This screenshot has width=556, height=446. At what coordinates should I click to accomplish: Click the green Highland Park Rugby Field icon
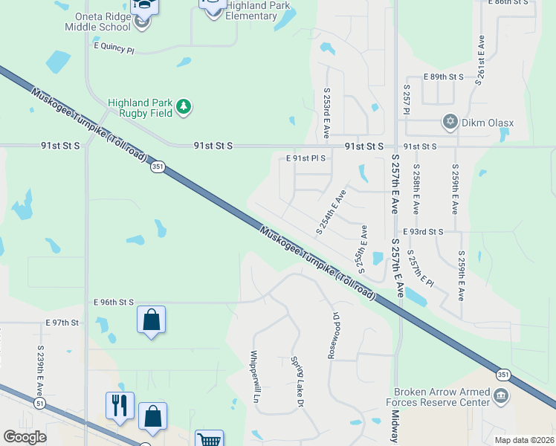coord(184,108)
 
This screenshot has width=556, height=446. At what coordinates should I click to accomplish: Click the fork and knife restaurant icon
coord(120,405)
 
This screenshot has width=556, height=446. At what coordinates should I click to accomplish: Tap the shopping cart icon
coord(209,440)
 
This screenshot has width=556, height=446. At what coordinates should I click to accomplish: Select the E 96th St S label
coord(114,303)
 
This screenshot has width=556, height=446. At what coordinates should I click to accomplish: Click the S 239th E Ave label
coord(40,371)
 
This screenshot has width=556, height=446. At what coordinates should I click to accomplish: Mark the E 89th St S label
coord(443,77)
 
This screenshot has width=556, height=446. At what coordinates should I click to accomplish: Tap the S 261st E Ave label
coord(481,59)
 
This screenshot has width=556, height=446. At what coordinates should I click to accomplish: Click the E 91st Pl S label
coord(306,158)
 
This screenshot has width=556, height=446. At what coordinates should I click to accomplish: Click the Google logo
coord(25,437)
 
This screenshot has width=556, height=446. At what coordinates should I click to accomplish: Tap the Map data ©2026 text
coord(523,439)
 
